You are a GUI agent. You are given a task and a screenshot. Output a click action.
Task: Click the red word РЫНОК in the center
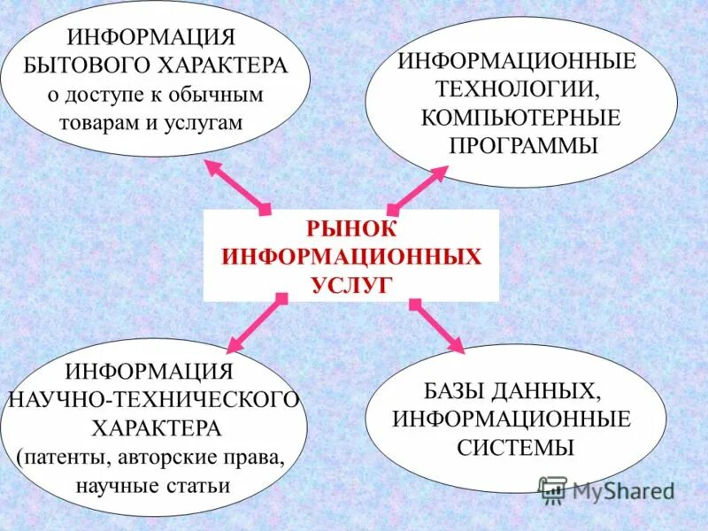coord(351,227)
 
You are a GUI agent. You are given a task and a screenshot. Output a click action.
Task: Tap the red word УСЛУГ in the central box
coord(350,284)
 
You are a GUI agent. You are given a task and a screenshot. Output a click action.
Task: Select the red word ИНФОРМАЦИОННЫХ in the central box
coord(351,256)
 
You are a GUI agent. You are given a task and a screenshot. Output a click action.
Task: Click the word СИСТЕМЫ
coord(516,447)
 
